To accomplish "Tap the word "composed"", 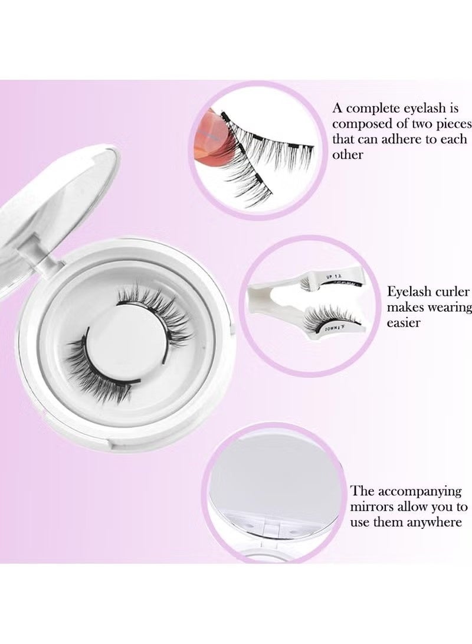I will pyautogui.click(x=359, y=125).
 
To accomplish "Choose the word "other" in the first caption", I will pyautogui.click(x=348, y=155).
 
